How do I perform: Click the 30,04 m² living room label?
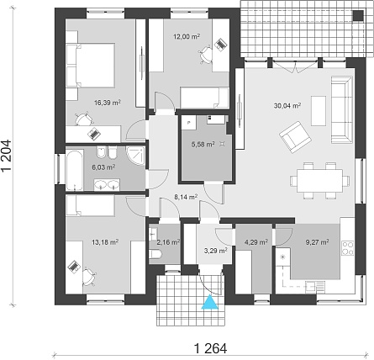point(287,106)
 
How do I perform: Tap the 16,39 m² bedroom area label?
point(108,103)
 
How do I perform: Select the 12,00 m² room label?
point(187,36)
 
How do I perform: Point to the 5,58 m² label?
point(203,145)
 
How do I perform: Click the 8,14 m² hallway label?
point(186,197)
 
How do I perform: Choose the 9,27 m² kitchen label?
point(317,241)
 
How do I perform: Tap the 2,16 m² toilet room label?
point(168,241)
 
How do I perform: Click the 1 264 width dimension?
point(210,348)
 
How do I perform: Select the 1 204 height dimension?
point(7,155)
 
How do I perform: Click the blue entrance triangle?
point(210,302)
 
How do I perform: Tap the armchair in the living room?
point(295,137)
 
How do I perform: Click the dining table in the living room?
point(320,180)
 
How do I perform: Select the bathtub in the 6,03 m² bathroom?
point(75,170)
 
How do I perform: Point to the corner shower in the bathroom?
point(135,155)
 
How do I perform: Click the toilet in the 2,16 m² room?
point(155,255)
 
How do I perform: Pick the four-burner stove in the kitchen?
point(348,248)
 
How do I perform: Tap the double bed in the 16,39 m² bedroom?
point(91,65)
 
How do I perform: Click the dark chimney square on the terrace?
point(358,15)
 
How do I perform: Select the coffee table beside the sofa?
point(319,111)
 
